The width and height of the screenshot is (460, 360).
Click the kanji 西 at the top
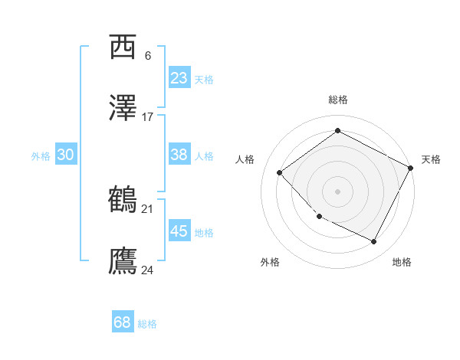pos(123,47)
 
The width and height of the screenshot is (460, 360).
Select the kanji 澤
pos(123,109)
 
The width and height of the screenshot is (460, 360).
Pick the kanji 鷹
pos(123,261)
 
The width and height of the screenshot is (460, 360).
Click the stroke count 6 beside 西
pos(147,56)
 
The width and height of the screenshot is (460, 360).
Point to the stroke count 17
pos(148,117)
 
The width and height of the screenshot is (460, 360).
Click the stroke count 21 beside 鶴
pos(148,208)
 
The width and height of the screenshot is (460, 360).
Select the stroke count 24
pos(148,270)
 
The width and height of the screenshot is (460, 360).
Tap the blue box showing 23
pos(179,78)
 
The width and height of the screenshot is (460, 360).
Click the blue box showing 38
pos(179,155)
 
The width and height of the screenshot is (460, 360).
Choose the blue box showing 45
pos(179,231)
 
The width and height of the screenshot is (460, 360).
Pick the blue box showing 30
pos(66,155)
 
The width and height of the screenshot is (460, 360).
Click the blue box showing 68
pos(123,322)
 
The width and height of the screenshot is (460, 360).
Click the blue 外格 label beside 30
pos(41,155)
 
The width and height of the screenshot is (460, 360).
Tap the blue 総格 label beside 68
pos(147,324)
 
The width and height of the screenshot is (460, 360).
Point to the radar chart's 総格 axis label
pos(337,100)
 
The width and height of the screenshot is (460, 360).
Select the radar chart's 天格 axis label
pos(431,159)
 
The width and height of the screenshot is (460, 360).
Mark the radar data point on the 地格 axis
pos(374,242)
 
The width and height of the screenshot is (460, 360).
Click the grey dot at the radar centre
pos(337,191)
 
